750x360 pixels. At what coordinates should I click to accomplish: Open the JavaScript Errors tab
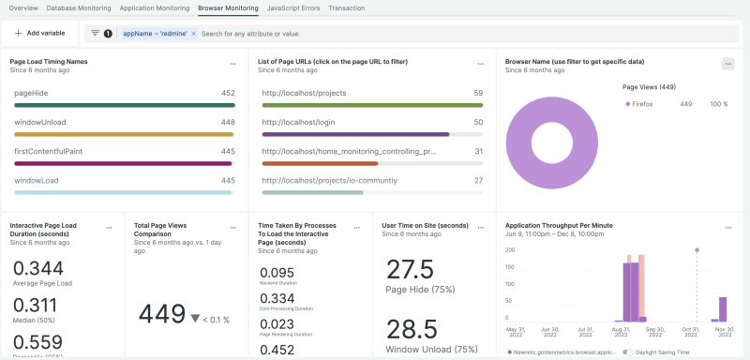pyautogui.click(x=292, y=7)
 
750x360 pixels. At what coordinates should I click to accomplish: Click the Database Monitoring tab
pyautogui.click(x=82, y=7)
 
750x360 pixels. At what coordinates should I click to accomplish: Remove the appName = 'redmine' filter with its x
pyautogui.click(x=194, y=33)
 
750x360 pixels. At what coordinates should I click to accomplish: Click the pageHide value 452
pyautogui.click(x=227, y=94)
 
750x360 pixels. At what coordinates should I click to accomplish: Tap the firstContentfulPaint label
pyautogui.click(x=53, y=151)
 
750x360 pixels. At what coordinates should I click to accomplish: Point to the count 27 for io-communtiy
pyautogui.click(x=478, y=180)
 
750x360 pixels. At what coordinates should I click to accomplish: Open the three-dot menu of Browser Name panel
pyautogui.click(x=727, y=64)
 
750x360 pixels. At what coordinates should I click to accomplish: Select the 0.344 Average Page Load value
pyautogui.click(x=39, y=268)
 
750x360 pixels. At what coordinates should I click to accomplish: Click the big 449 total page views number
pyautogui.click(x=161, y=312)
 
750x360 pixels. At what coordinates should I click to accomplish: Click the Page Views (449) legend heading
pyautogui.click(x=649, y=86)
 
